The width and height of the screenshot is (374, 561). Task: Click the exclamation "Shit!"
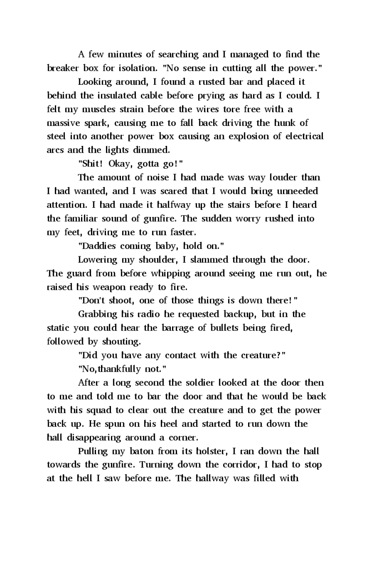(90, 164)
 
